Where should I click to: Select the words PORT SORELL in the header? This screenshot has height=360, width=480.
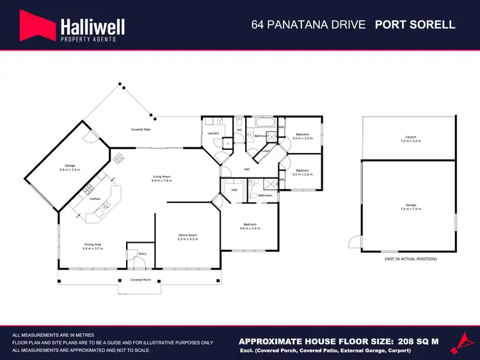(415, 25)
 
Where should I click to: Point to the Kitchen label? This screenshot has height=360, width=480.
(95, 199)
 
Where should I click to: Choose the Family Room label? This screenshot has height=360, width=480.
(188, 237)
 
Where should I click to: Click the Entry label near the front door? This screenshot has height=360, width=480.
(142, 254)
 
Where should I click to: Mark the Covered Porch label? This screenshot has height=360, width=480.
(141, 280)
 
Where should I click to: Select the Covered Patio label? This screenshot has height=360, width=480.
(141, 129)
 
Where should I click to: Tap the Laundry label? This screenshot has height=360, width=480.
(214, 133)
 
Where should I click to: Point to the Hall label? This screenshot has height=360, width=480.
(246, 169)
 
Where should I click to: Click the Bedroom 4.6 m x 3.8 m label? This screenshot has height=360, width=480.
(249, 225)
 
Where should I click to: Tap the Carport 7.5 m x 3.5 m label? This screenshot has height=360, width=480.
(410, 138)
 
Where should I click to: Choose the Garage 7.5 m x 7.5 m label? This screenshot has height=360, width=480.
(410, 207)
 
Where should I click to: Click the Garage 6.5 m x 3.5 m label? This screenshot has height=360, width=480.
(70, 167)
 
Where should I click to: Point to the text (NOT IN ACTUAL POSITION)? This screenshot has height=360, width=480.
(410, 259)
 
